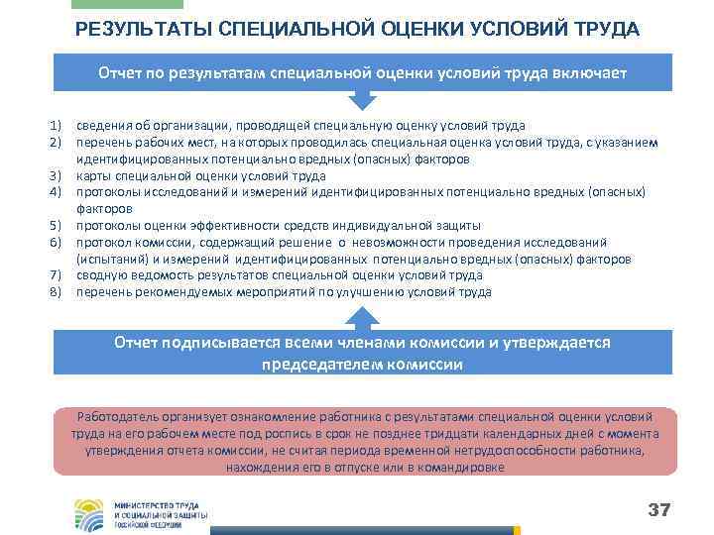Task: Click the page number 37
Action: (x=659, y=510)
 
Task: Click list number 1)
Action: (x=56, y=126)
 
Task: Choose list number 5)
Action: (x=56, y=226)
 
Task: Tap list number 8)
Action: (x=56, y=292)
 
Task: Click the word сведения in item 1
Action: (x=105, y=126)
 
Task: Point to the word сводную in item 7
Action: (x=103, y=275)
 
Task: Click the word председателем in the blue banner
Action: (x=317, y=364)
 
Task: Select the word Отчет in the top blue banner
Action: (x=120, y=74)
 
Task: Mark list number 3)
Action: (x=56, y=176)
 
